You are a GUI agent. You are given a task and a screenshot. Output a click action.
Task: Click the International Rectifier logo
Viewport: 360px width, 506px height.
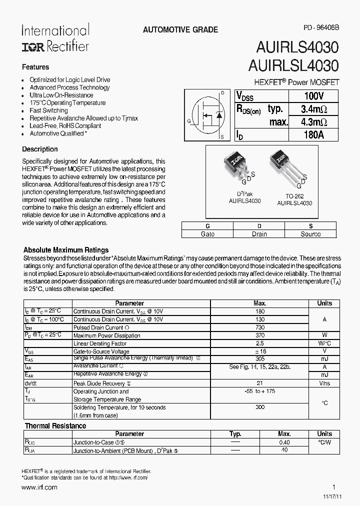(55, 38)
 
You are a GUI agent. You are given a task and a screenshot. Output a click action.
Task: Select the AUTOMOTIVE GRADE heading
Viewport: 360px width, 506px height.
(180, 30)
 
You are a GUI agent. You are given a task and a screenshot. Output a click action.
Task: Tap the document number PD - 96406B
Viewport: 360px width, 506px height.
(320, 28)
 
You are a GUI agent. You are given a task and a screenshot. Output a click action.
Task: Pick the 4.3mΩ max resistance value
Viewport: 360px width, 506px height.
(313, 122)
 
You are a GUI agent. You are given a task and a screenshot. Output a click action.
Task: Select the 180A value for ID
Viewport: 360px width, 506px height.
(313, 134)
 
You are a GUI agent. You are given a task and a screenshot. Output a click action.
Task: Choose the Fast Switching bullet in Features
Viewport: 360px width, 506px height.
(48, 110)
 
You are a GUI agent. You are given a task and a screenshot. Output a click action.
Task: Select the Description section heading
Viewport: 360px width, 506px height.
(40, 149)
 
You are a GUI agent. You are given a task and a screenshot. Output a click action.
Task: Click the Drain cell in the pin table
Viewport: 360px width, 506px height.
(259, 234)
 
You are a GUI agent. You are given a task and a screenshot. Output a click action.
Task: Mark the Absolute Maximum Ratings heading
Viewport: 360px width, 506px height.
(66, 250)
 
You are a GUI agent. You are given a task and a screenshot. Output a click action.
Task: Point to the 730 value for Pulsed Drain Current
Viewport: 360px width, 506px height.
(260, 327)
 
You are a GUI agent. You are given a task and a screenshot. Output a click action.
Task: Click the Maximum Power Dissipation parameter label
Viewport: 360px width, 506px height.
(106, 335)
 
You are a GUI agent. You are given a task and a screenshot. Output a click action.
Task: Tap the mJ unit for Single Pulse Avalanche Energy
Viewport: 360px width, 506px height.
(324, 359)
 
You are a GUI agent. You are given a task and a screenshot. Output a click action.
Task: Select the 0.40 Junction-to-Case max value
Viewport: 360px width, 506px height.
(284, 442)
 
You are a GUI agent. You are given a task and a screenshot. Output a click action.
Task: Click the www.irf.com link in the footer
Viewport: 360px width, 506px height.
(39, 487)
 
